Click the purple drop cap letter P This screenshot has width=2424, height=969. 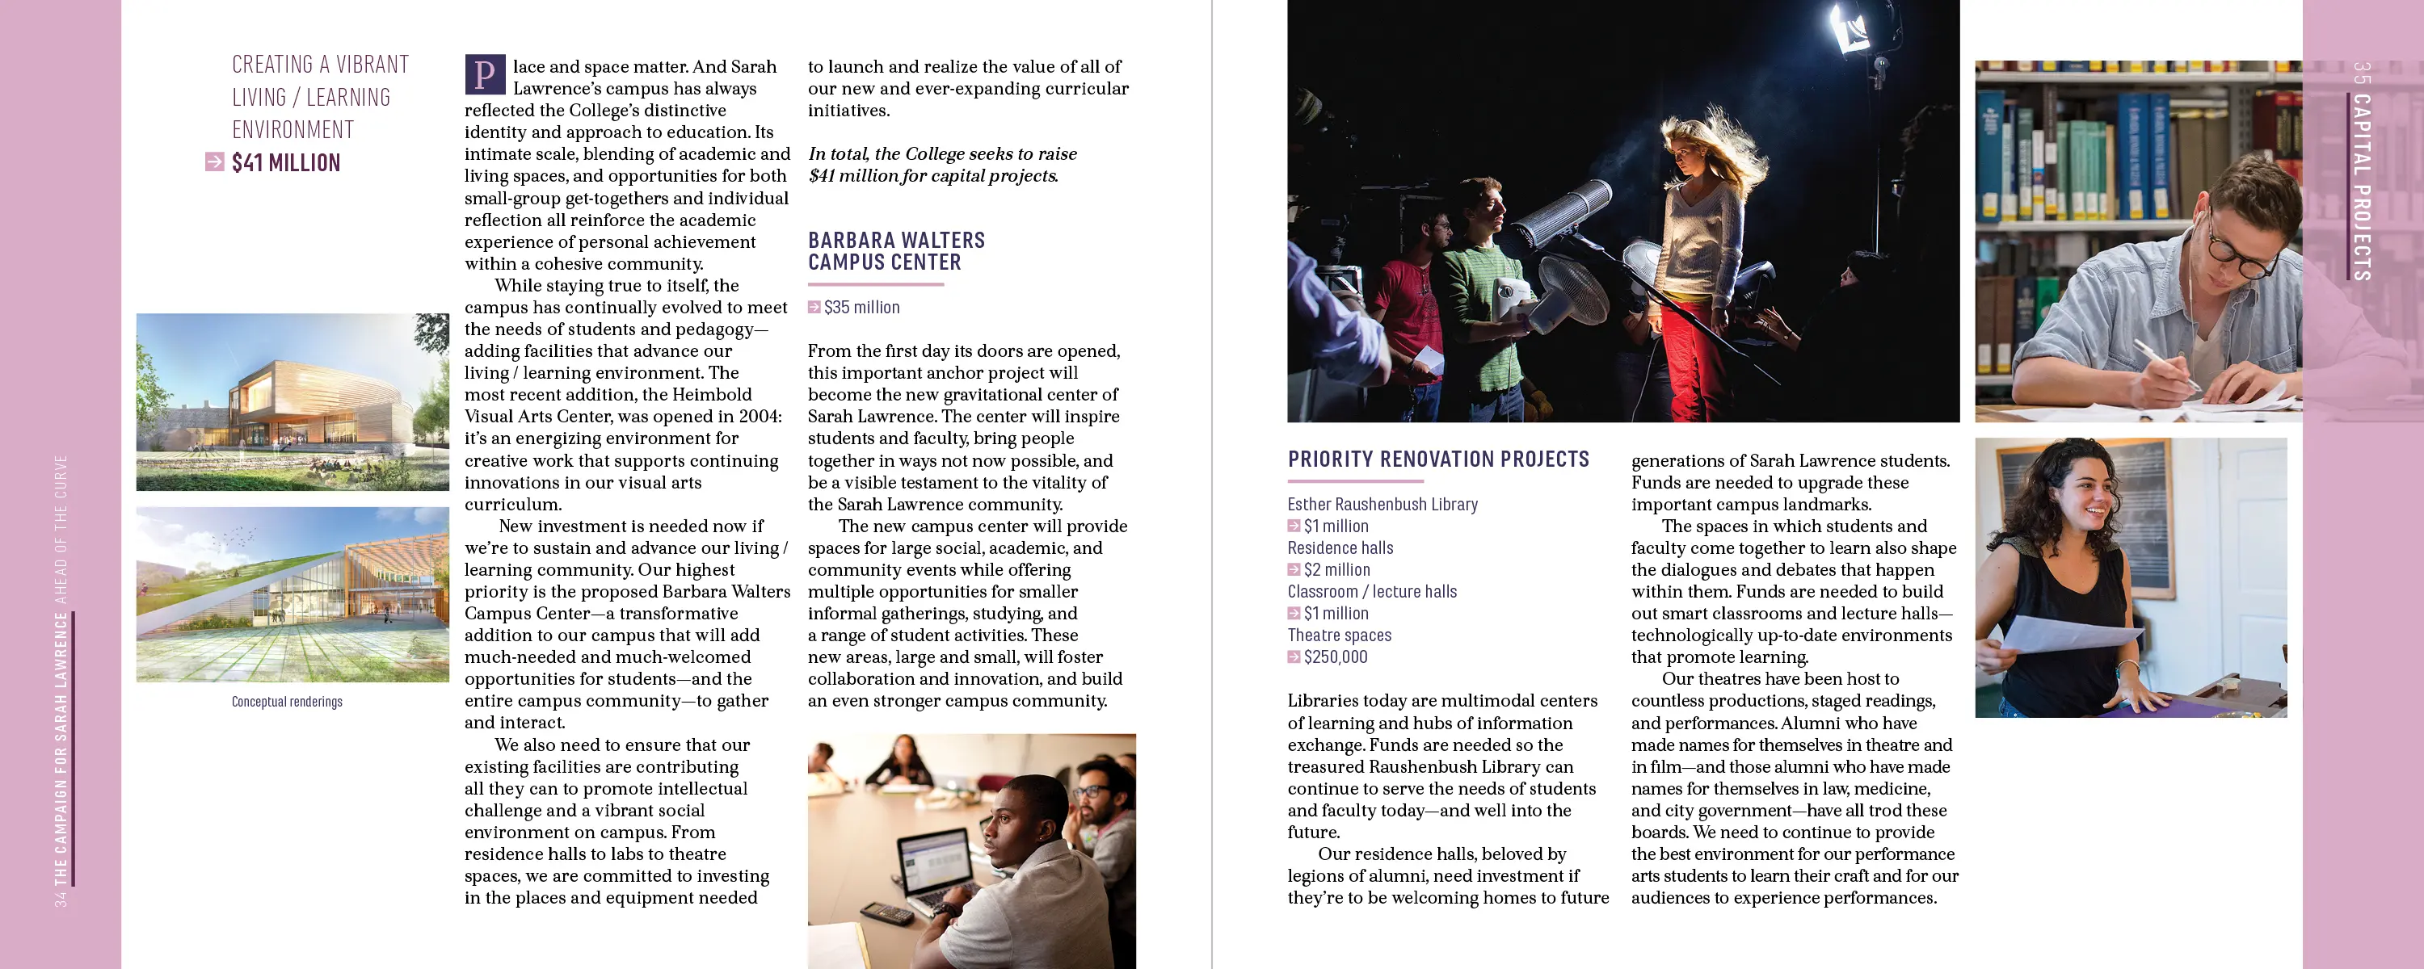click(485, 74)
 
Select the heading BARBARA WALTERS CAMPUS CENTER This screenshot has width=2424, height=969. click(896, 251)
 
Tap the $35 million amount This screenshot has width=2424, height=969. click(861, 308)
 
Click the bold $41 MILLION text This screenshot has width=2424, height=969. click(286, 163)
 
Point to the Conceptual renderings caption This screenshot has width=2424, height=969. click(287, 702)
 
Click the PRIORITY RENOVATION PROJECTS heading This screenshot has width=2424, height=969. click(1438, 459)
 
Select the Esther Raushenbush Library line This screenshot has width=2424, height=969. click(1382, 504)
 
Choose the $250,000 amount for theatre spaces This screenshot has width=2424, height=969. click(1336, 657)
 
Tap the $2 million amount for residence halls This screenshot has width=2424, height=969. click(1336, 570)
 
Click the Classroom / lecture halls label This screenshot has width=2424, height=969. click(1372, 592)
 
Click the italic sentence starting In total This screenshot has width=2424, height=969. click(942, 165)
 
